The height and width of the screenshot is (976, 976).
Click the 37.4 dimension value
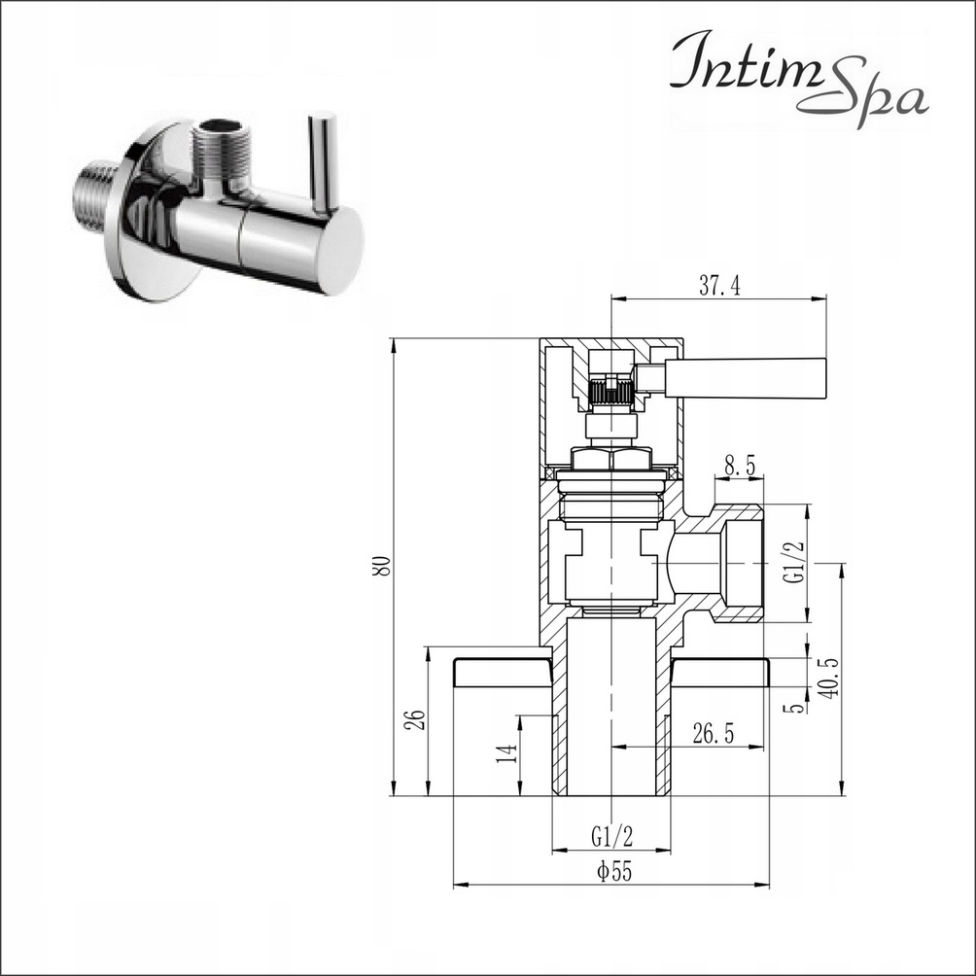pyautogui.click(x=719, y=286)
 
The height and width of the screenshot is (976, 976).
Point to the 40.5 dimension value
pyautogui.click(x=831, y=678)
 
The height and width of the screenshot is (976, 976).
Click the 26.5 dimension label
pyautogui.click(x=714, y=734)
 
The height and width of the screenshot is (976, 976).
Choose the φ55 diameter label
pyautogui.click(x=613, y=872)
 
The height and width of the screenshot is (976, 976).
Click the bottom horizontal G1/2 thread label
pyautogui.click(x=611, y=837)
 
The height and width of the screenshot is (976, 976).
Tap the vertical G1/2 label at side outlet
pyautogui.click(x=795, y=562)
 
